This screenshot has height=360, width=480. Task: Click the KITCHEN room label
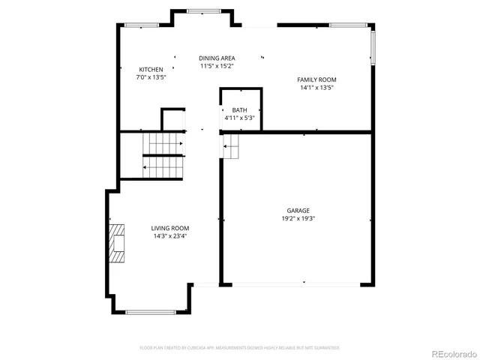(x=151, y=70)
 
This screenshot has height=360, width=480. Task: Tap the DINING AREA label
(x=217, y=58)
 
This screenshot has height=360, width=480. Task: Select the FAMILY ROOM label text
(x=316, y=79)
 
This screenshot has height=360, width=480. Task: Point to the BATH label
(x=239, y=110)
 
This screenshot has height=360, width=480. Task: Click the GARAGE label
(x=298, y=211)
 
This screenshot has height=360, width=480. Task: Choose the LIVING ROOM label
(x=169, y=228)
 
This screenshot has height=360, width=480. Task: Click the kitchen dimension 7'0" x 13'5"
(x=151, y=77)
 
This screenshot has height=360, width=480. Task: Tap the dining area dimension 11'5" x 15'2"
(x=217, y=66)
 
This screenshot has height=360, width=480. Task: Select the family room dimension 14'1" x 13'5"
(x=316, y=87)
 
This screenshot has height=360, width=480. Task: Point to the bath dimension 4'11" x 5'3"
(x=239, y=118)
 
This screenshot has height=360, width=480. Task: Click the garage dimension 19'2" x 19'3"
(x=298, y=218)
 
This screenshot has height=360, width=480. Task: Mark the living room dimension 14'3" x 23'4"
(x=169, y=235)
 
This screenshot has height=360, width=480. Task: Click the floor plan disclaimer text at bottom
(x=240, y=348)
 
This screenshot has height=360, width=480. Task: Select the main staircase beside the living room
(x=163, y=154)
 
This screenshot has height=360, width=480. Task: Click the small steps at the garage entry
(x=230, y=147)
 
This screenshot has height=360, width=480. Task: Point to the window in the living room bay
(x=151, y=312)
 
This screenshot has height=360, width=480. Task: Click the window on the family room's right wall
(x=373, y=46)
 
